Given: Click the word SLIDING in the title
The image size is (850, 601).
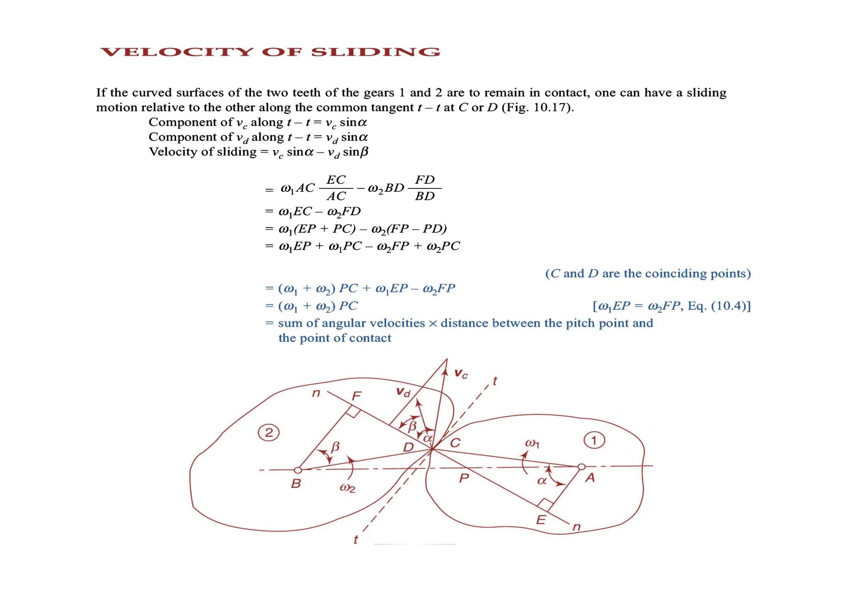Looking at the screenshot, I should pyautogui.click(x=376, y=52).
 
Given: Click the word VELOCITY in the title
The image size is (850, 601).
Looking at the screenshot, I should pyautogui.click(x=177, y=52).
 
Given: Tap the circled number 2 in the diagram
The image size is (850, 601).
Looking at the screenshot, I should pyautogui.click(x=269, y=433).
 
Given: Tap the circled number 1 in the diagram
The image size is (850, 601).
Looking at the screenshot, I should pyautogui.click(x=594, y=440).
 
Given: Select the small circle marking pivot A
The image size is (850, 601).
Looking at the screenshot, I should pyautogui.click(x=581, y=467).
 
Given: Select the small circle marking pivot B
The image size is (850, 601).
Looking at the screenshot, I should pyautogui.click(x=298, y=470).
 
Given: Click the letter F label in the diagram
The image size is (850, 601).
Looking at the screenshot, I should pyautogui.click(x=356, y=396).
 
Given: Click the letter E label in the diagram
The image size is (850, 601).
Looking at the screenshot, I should pyautogui.click(x=540, y=520).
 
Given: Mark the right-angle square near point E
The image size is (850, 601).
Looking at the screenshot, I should pyautogui.click(x=545, y=504).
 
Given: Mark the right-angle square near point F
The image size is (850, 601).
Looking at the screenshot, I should pyautogui.click(x=353, y=412).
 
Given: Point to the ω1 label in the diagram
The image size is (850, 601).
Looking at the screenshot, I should pyautogui.click(x=532, y=443).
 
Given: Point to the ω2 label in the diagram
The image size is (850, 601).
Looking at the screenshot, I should pyautogui.click(x=347, y=488).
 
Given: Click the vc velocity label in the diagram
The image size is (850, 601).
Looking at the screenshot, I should pyautogui.click(x=461, y=374).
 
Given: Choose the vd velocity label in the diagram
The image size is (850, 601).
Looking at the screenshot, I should pyautogui.click(x=403, y=391).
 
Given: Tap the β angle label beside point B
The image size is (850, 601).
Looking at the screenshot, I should pyautogui.click(x=335, y=447).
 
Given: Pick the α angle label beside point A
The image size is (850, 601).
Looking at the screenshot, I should pyautogui.click(x=542, y=481).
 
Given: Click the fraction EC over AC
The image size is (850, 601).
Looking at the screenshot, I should pyautogui.click(x=336, y=188).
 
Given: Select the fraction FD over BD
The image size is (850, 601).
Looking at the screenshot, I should pyautogui.click(x=425, y=188).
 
